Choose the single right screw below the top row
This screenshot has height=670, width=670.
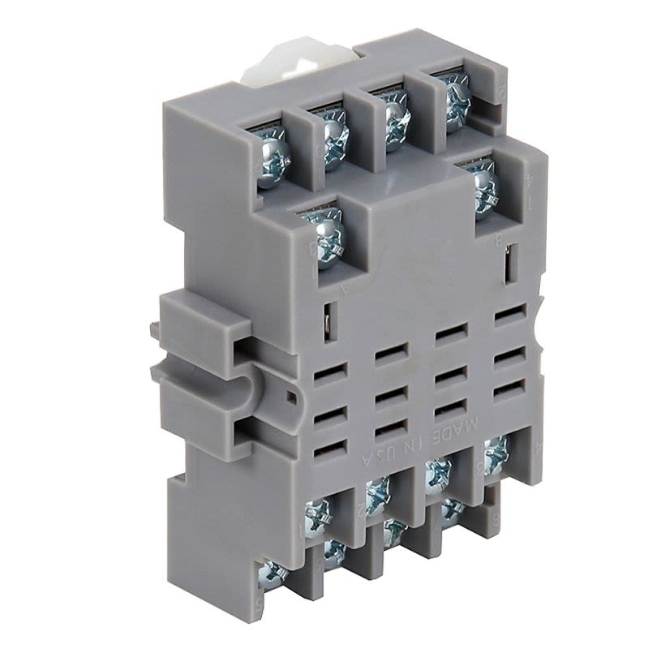coord(484,186)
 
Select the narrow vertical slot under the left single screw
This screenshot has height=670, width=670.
coord(326,316)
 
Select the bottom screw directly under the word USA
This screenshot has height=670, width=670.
coord(375,495)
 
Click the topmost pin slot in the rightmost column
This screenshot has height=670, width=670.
coord(509,313)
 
